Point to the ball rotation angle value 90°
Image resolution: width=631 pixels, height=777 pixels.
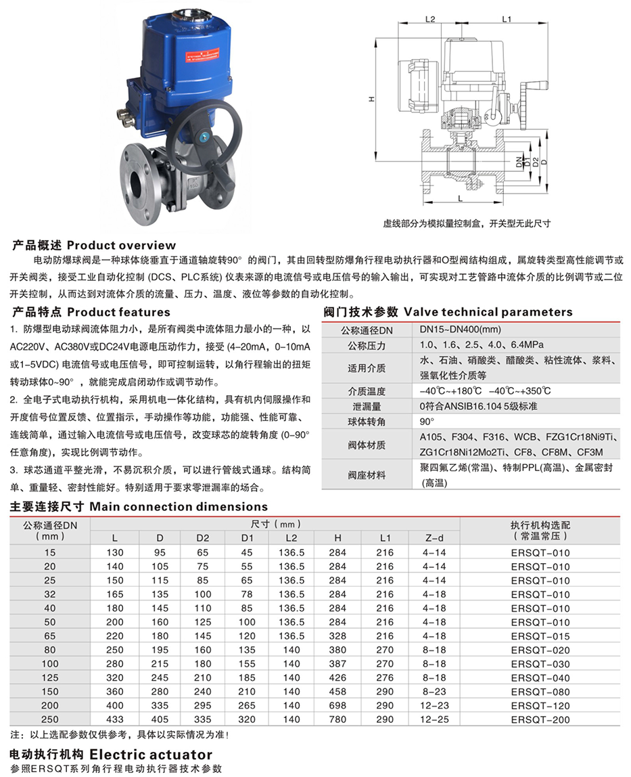click(x=427, y=421)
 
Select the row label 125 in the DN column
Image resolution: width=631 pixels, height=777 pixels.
click(x=51, y=678)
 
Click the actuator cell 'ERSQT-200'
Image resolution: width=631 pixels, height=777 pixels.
click(x=540, y=719)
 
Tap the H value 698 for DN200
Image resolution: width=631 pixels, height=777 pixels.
click(x=337, y=705)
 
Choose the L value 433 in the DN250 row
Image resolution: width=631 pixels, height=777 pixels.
click(x=114, y=719)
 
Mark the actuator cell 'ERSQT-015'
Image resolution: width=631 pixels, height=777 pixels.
click(x=540, y=636)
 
